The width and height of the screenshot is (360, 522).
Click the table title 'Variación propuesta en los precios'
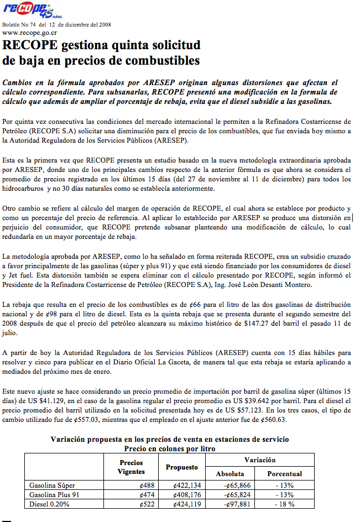coord(169,440)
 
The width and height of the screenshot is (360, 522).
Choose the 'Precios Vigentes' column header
coord(131,467)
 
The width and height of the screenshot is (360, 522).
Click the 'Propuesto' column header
coord(181,467)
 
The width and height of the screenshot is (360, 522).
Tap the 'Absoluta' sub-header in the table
coord(229,474)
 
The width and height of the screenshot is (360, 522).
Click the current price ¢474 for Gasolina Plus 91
coord(147,494)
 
